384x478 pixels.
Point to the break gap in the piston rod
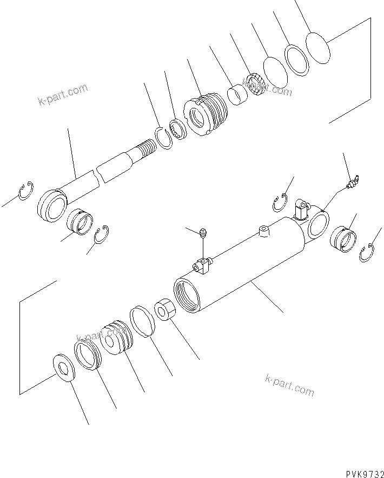pyautogui.click(x=98, y=175)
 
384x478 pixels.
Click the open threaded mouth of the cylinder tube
pyautogui.click(x=186, y=295)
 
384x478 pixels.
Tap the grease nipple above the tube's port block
pyautogui.click(x=202, y=235)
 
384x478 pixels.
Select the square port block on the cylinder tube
pyautogui.click(x=202, y=264)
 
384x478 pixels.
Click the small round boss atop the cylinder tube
pyautogui.click(x=263, y=231)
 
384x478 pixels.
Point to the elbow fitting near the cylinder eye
pyautogui.click(x=300, y=207)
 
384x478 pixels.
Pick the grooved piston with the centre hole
pyautogui.click(x=116, y=340)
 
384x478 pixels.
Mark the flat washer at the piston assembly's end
pyautogui.click(x=64, y=369)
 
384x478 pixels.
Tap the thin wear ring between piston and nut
pyautogui.click(x=142, y=323)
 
